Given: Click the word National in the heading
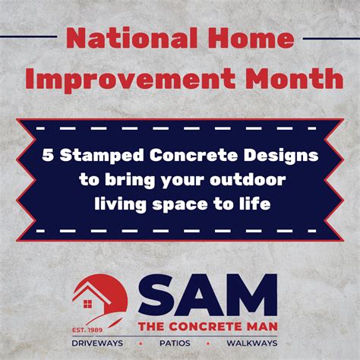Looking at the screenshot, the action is pos(131,38).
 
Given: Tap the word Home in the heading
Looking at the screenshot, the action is pos(251,38).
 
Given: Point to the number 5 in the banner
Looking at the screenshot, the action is pos(48,155).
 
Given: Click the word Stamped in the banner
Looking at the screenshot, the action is pos(102,156).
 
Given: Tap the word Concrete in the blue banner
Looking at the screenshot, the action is pos(194,155).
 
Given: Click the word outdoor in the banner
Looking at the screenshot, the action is pos(248,179).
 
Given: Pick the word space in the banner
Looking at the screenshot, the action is pos(180,204).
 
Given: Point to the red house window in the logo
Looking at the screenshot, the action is pos(87,304).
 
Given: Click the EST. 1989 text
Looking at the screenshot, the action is pos(87,330).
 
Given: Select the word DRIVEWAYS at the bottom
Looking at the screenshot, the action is pos(97,343).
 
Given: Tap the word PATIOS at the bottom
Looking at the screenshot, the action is pos(175,343).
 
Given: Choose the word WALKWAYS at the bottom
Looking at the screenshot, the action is pos(252,343).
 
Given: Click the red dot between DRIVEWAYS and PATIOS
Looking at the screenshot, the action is pos(141,343).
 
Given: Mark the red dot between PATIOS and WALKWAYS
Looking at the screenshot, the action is pos(208,343).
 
